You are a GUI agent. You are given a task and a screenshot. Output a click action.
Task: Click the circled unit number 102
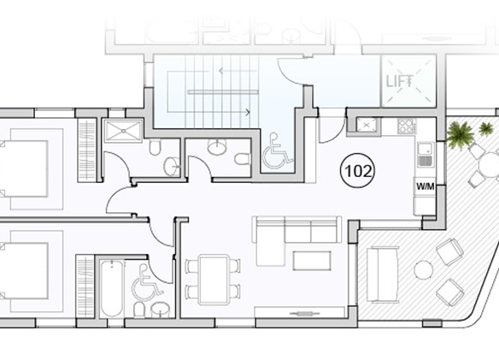[358, 171]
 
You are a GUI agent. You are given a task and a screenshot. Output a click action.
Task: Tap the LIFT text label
[400, 81]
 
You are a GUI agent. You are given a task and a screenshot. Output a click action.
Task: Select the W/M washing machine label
[426, 186]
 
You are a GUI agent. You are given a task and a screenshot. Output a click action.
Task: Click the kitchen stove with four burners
[407, 126]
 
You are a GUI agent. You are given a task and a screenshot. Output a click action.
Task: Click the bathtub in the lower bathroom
[111, 289]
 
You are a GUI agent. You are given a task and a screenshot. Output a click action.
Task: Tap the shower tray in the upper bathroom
[123, 130]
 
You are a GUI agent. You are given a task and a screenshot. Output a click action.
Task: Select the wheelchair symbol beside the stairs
[277, 150]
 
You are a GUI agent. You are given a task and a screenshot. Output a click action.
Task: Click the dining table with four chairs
[214, 280]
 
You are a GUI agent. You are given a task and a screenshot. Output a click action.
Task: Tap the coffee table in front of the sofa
[312, 260]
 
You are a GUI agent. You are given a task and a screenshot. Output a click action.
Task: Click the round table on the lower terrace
[423, 270]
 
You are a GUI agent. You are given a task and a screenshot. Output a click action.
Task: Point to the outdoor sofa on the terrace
[383, 274]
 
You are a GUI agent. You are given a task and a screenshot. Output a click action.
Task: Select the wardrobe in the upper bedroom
[87, 150]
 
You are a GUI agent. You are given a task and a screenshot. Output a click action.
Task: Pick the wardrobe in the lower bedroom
[85, 286]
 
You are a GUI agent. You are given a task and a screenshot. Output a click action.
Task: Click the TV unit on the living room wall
[300, 312]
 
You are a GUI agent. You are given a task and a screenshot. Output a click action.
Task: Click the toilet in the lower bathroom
[139, 310]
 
